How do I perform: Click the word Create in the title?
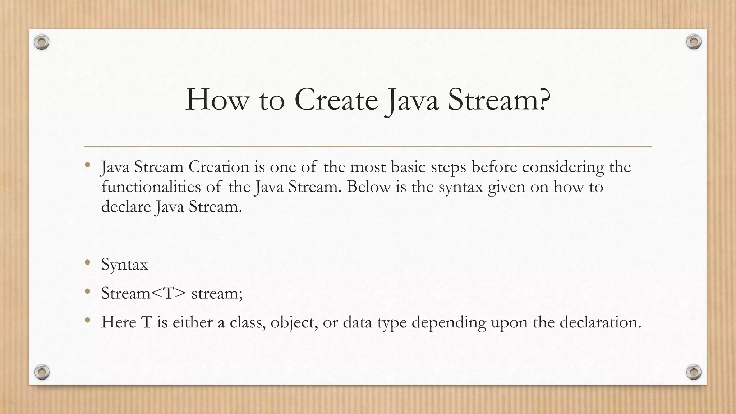tap(336, 100)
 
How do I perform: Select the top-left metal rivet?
tap(42, 42)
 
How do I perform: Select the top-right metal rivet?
tap(694, 42)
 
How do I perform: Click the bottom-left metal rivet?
tap(42, 372)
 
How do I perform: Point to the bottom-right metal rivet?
tap(694, 372)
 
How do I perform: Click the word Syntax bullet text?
tap(124, 265)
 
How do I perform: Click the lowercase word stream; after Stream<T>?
tap(217, 293)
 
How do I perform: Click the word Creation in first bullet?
tap(219, 167)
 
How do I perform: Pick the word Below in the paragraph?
tap(368, 187)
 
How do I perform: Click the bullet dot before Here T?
tap(87, 320)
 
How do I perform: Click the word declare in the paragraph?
tap(126, 207)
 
